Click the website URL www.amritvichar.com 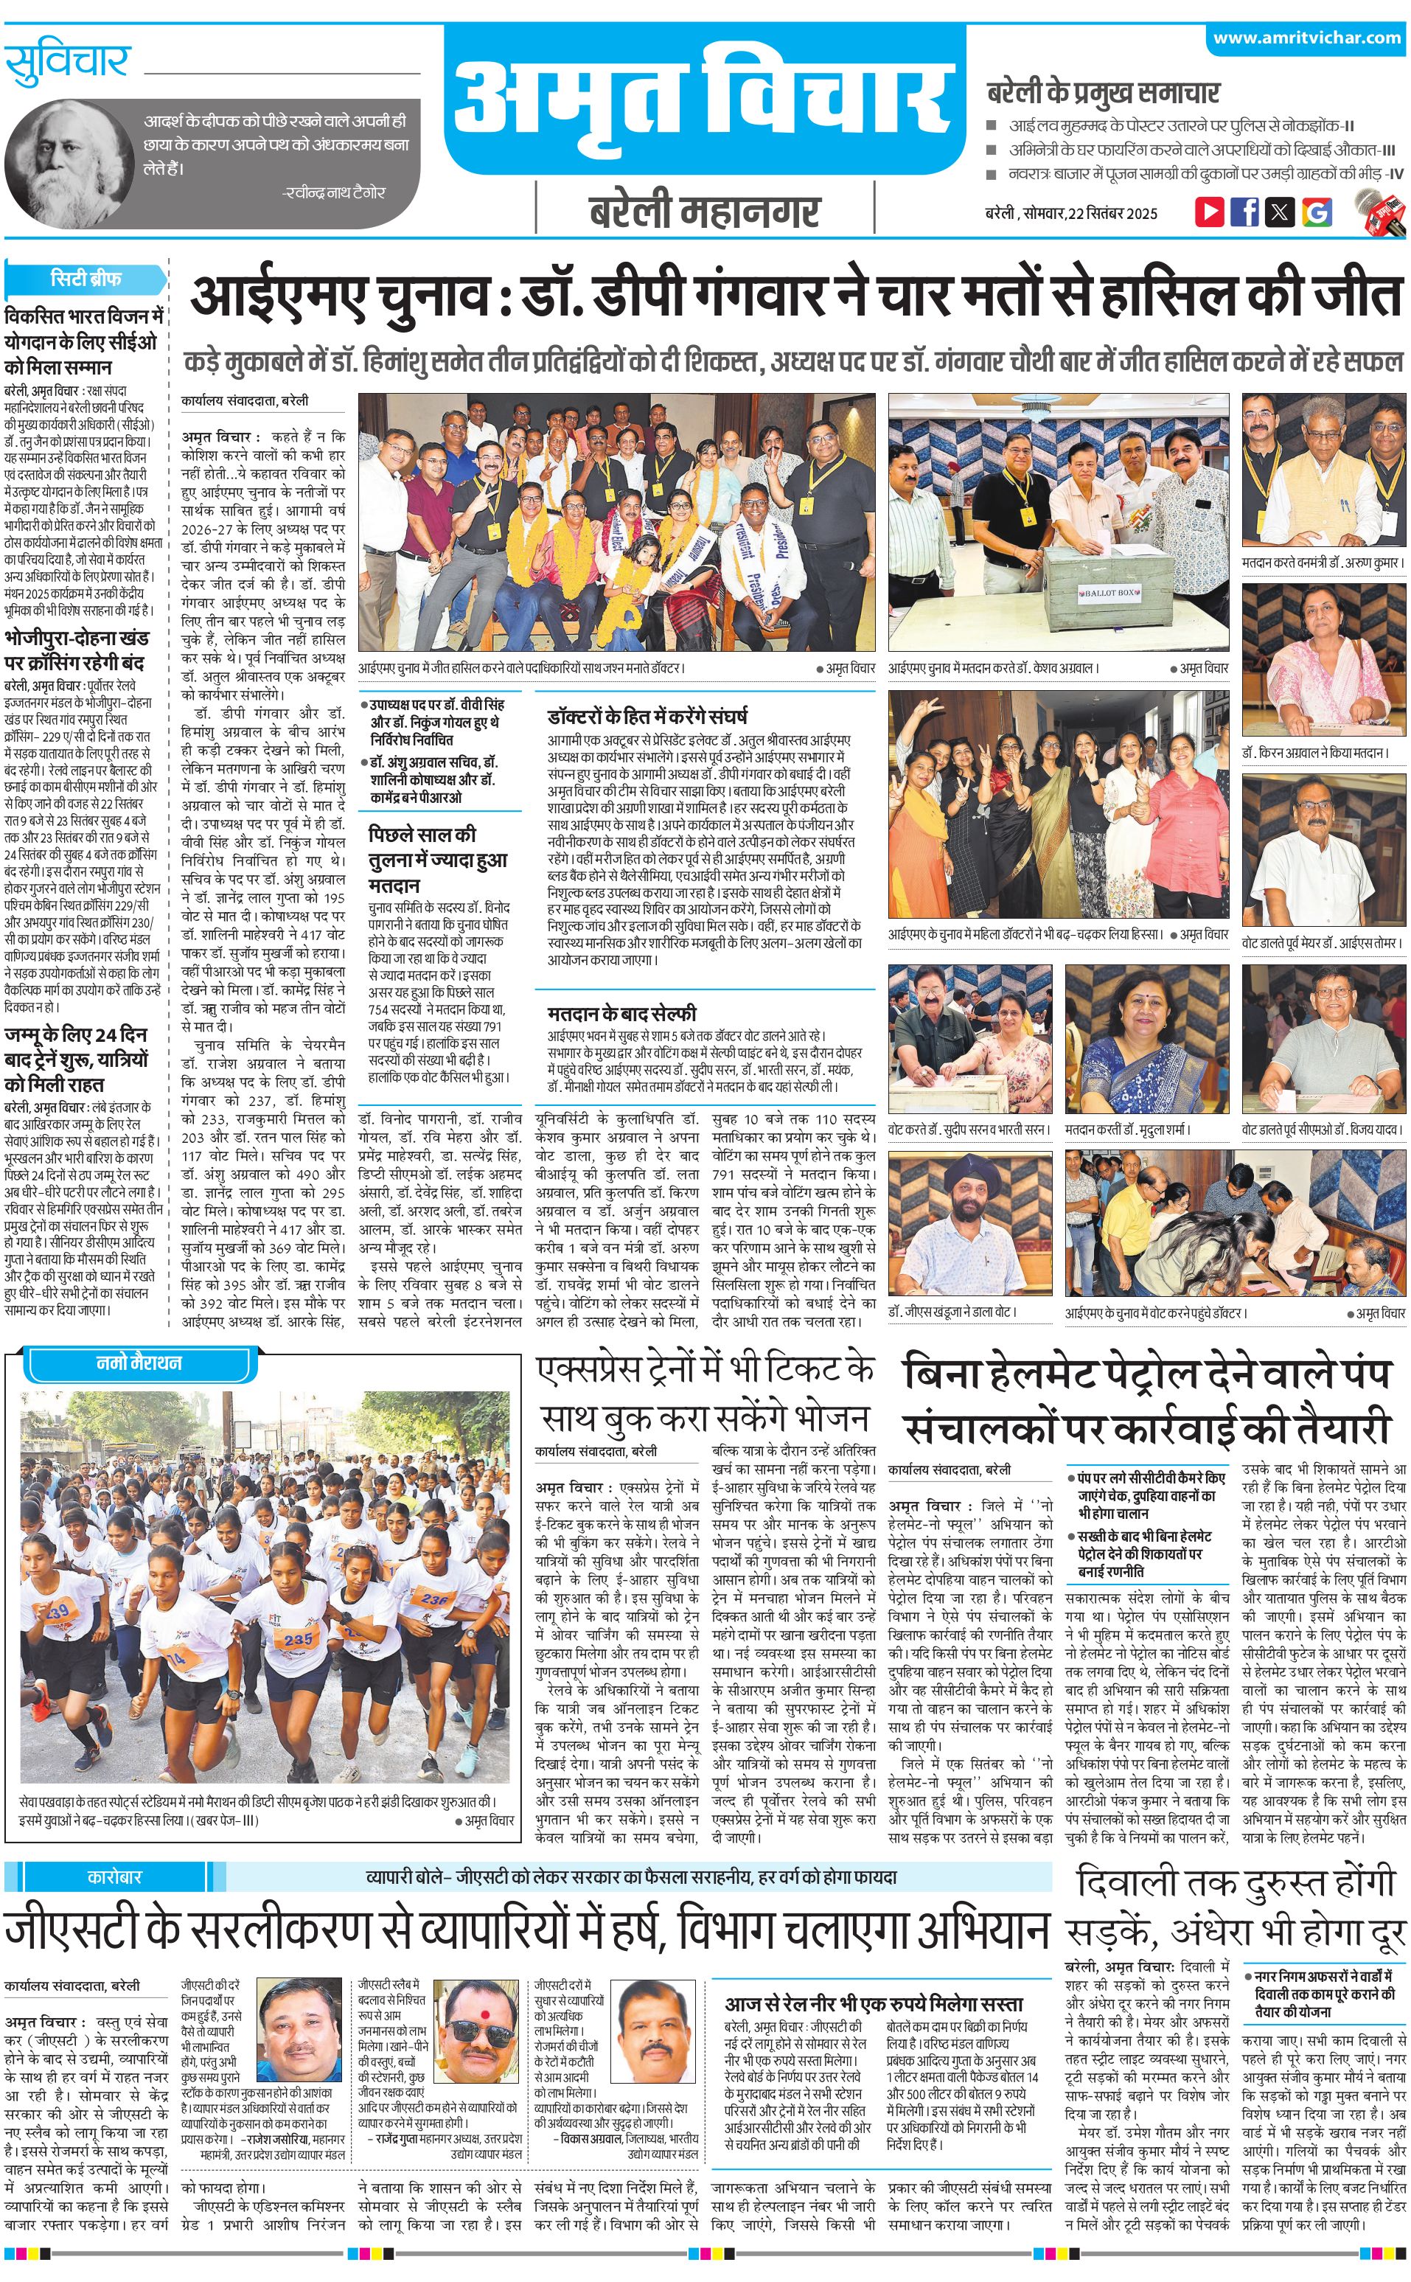(x=1306, y=38)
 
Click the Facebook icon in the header (x=1244, y=211)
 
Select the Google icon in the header (x=1316, y=211)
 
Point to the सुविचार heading (x=67, y=64)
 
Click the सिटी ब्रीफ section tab (x=86, y=278)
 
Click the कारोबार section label (x=115, y=2131)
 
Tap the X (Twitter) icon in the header (x=1280, y=211)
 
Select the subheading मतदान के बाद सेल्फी (x=621, y=1012)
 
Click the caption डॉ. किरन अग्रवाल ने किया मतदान (x=1317, y=752)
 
